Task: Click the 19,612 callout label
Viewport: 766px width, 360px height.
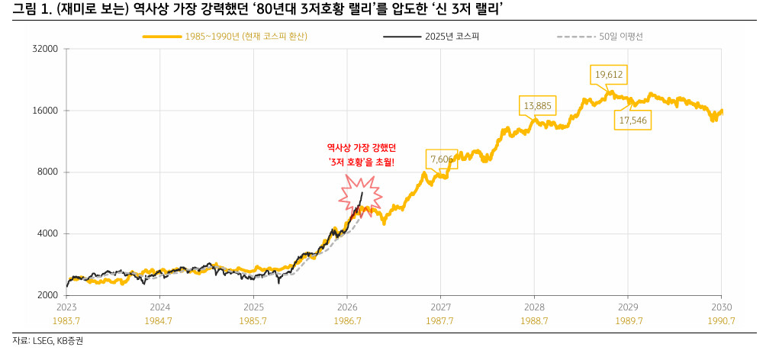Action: [609, 74]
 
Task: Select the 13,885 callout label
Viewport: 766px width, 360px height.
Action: [538, 104]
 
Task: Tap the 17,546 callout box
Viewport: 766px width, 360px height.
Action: [633, 120]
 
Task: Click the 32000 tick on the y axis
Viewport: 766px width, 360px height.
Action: [47, 49]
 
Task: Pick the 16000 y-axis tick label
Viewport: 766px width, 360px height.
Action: [47, 111]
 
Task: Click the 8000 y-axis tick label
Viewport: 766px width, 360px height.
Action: [49, 172]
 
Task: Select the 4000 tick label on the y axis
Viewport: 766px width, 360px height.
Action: [49, 234]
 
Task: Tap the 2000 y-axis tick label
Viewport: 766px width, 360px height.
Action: [49, 296]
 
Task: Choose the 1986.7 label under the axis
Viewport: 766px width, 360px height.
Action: [346, 321]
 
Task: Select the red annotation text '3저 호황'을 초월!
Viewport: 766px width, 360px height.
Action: [361, 162]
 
